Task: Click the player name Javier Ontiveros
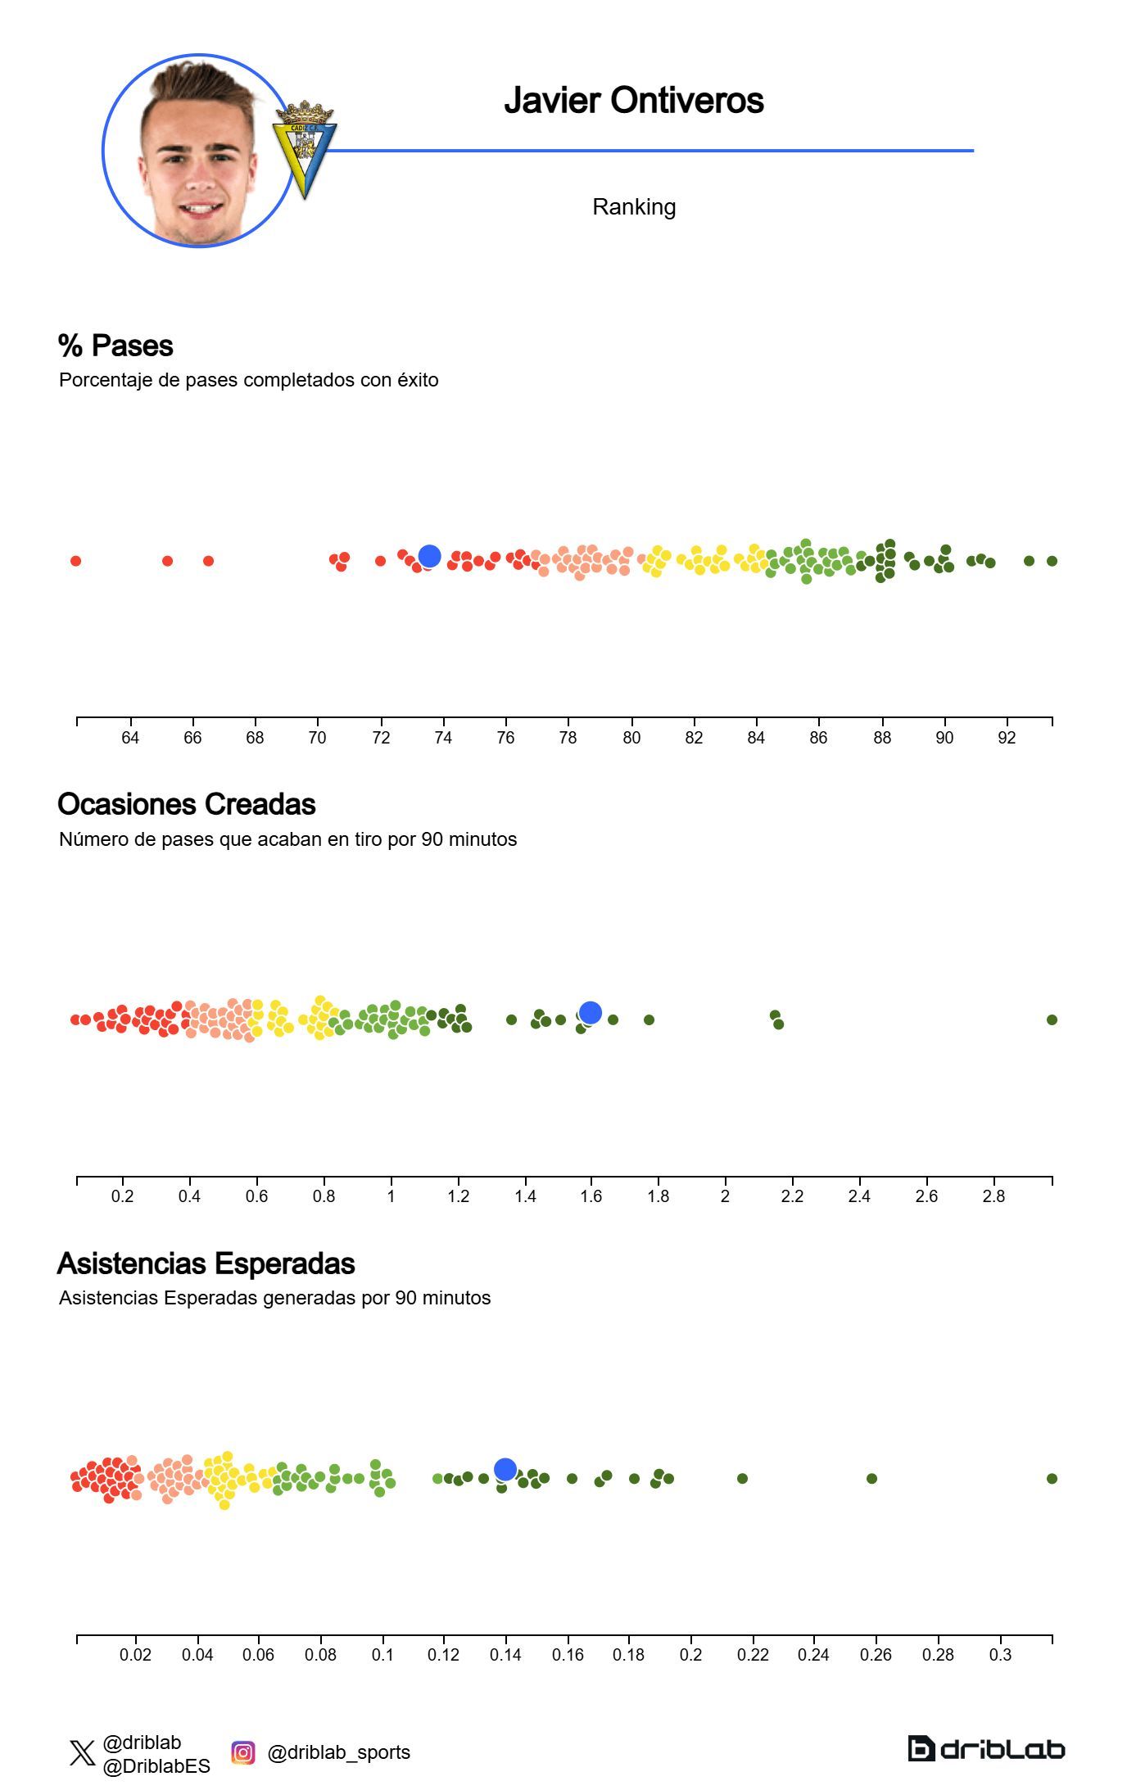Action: [x=633, y=101]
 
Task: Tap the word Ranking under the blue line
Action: [x=633, y=207]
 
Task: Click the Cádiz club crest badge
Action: [x=304, y=149]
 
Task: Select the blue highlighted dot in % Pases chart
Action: [x=429, y=556]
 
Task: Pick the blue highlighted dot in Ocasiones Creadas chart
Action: [x=590, y=1013]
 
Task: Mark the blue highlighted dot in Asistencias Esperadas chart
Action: [x=505, y=1469]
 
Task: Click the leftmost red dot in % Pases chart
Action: [x=76, y=561]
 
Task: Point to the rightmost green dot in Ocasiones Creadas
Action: [x=1052, y=1019]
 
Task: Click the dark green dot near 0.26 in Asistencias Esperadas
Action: [x=871, y=1478]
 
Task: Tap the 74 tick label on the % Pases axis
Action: [x=443, y=738]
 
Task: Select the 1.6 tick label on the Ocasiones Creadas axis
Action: [x=591, y=1196]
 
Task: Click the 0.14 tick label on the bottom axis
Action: [x=505, y=1655]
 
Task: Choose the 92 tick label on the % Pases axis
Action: [x=1007, y=738]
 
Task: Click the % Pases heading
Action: [x=115, y=346]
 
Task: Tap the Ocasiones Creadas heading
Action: [x=187, y=804]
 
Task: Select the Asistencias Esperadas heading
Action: [x=206, y=1263]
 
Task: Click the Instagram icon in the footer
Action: [x=242, y=1752]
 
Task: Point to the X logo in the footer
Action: [x=82, y=1753]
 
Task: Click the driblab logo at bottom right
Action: [x=986, y=1749]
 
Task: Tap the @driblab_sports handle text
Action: [x=338, y=1752]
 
